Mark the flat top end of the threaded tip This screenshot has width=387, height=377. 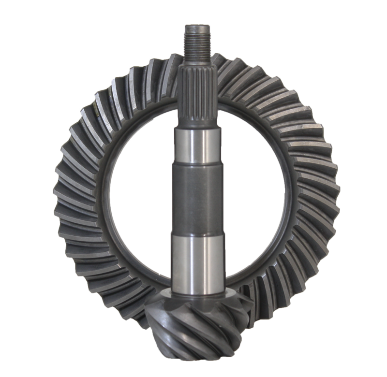(196, 24)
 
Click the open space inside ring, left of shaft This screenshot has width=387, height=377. (140, 193)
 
